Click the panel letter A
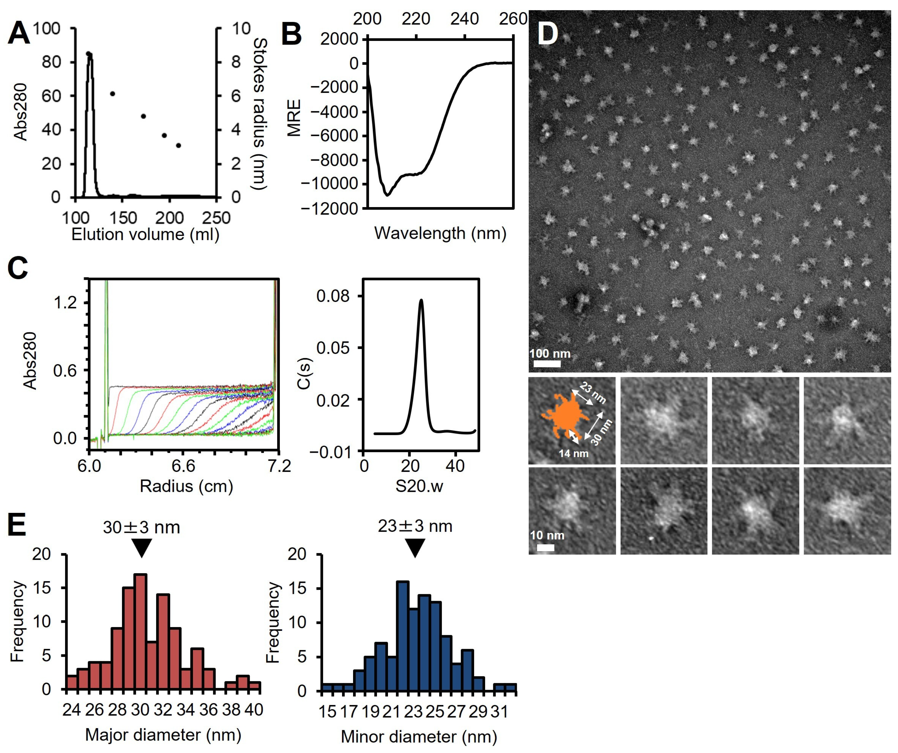tap(19, 33)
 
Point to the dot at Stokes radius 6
tap(112, 94)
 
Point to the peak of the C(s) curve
tap(421, 300)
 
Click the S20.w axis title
tap(419, 486)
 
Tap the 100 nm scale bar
tap(547, 364)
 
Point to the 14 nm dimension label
tap(574, 453)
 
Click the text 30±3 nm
tap(141, 527)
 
